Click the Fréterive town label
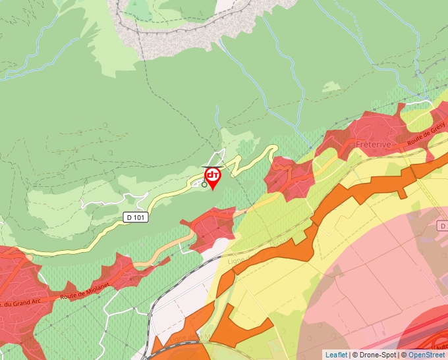374,143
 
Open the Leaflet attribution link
336,355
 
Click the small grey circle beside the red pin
204,185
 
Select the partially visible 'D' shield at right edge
443,226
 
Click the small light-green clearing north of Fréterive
331,87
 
